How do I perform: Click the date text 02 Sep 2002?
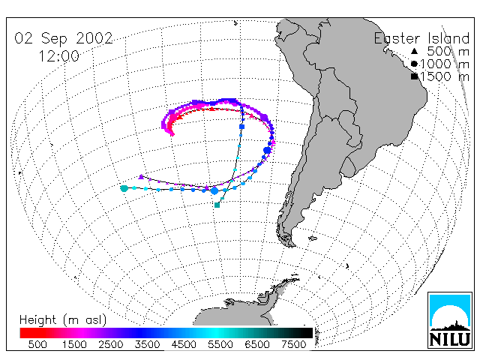[x=64, y=38]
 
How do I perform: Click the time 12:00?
[x=58, y=56]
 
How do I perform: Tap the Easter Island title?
[x=421, y=38]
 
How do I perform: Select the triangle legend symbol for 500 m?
[x=414, y=51]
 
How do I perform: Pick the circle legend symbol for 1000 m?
[x=414, y=64]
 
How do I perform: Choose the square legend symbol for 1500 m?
[x=414, y=76]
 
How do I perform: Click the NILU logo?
[x=450, y=320]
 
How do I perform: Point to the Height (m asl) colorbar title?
[x=63, y=320]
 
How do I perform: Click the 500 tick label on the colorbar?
[x=37, y=344]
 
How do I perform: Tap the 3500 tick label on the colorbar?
[x=147, y=344]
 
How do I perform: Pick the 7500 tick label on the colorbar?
[x=293, y=344]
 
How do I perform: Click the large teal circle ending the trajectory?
[x=124, y=188]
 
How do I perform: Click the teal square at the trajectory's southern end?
[x=217, y=205]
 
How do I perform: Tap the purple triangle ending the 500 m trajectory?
[x=141, y=177]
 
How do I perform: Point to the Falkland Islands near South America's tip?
[x=312, y=238]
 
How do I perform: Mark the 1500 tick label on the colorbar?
[x=74, y=344]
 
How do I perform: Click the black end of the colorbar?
[x=308, y=333]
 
